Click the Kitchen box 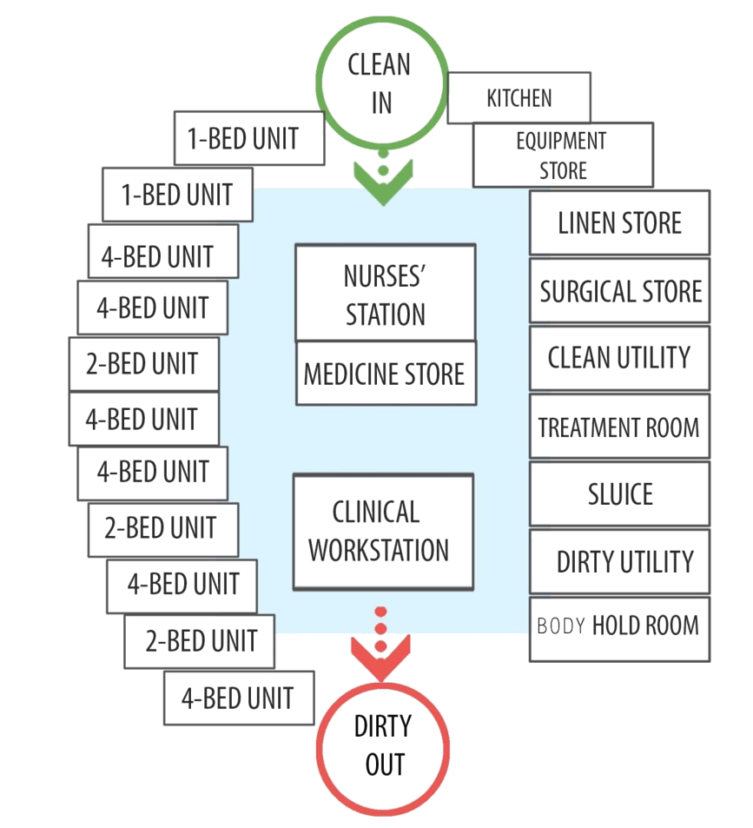click(519, 97)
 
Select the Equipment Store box click(562, 155)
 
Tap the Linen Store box click(619, 223)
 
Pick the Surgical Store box click(619, 291)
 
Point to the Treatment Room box click(619, 427)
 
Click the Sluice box click(619, 494)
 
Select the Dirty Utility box click(619, 562)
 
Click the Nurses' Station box click(386, 293)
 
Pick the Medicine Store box click(386, 374)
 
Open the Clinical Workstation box click(382, 532)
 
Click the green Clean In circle click(382, 83)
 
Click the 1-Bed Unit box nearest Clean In click(249, 137)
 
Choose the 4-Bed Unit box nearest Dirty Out click(238, 698)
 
